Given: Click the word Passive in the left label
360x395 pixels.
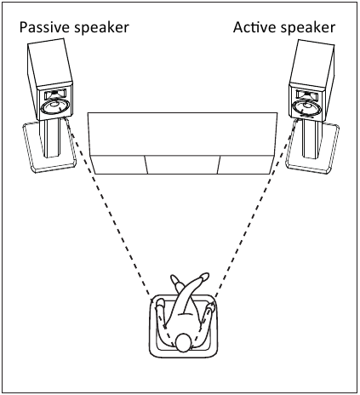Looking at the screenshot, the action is coord(45,27).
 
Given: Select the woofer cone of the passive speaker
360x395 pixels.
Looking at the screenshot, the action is coord(55,106).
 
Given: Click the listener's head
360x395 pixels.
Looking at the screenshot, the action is coord(183,343).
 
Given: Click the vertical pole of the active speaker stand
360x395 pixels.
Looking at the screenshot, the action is coord(311,139).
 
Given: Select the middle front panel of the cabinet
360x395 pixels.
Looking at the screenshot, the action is coord(183,164).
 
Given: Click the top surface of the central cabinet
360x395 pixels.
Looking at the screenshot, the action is coord(182,134).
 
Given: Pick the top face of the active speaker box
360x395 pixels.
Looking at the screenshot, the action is coord(311,66).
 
